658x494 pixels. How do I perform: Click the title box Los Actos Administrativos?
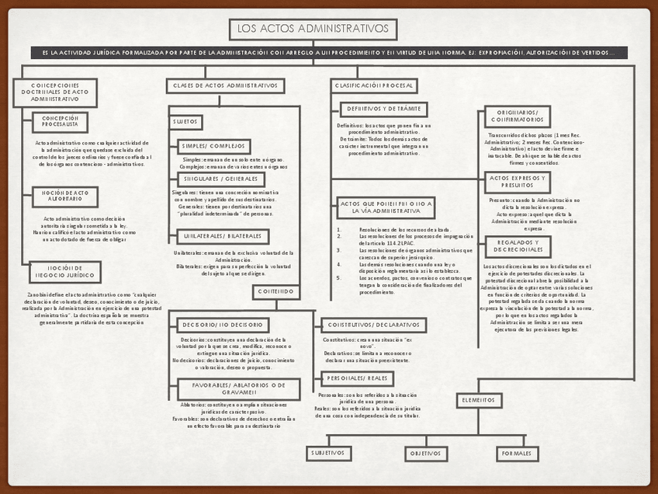click(313, 30)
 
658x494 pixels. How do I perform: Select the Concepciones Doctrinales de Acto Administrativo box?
click(55, 92)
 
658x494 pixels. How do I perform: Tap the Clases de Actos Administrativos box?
click(225, 85)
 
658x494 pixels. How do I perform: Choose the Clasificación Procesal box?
click(375, 85)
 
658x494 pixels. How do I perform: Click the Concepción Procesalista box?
click(60, 122)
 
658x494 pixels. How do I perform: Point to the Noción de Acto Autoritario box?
click(65, 197)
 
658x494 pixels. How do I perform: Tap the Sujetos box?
click(185, 121)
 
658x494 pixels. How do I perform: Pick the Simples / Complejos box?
click(213, 146)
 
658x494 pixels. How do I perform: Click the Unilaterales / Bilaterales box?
click(223, 235)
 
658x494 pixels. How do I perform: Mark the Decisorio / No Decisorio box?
click(223, 325)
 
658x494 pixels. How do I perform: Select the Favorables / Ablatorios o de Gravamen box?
click(238, 389)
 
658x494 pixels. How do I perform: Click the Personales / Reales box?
click(357, 378)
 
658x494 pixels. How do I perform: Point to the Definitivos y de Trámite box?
click(383, 110)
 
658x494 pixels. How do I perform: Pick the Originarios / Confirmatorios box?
click(517, 117)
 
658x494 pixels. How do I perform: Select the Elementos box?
click(479, 400)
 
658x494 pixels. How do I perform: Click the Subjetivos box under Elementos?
click(328, 453)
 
